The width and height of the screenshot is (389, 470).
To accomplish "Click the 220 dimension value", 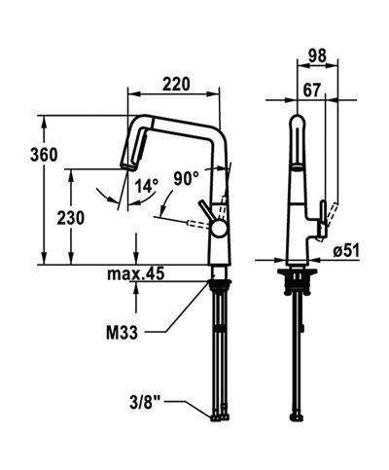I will pyautogui.click(x=175, y=84).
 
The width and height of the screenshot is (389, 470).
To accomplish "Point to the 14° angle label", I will pyautogui.click(x=146, y=185).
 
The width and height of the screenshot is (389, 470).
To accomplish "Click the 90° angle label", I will pyautogui.click(x=186, y=177).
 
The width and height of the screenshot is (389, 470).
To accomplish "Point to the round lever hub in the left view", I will pyautogui.click(x=221, y=229).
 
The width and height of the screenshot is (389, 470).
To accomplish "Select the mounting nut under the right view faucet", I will pyautogui.click(x=296, y=283).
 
